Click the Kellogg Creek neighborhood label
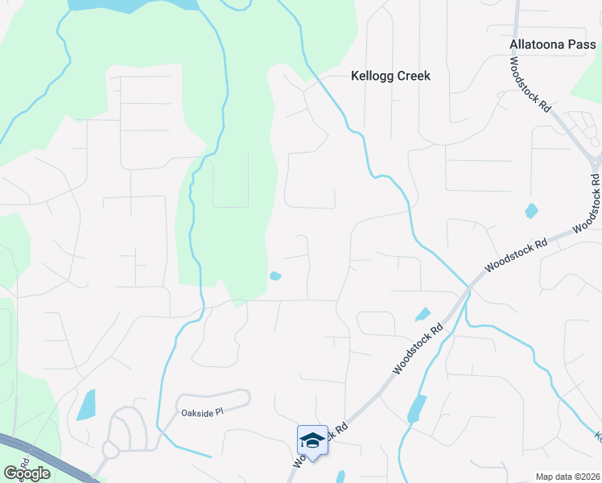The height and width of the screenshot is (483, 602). (391, 76)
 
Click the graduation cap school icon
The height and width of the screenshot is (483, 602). (312, 440)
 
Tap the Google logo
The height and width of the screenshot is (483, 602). (26, 473)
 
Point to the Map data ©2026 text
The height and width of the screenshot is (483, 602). (567, 477)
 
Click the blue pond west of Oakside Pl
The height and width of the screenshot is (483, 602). (85, 405)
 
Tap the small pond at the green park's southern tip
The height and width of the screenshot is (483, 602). (275, 277)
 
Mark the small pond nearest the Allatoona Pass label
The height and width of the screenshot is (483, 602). (530, 212)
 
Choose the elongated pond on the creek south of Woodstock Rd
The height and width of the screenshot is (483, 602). (417, 409)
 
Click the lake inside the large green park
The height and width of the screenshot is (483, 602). (133, 5)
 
